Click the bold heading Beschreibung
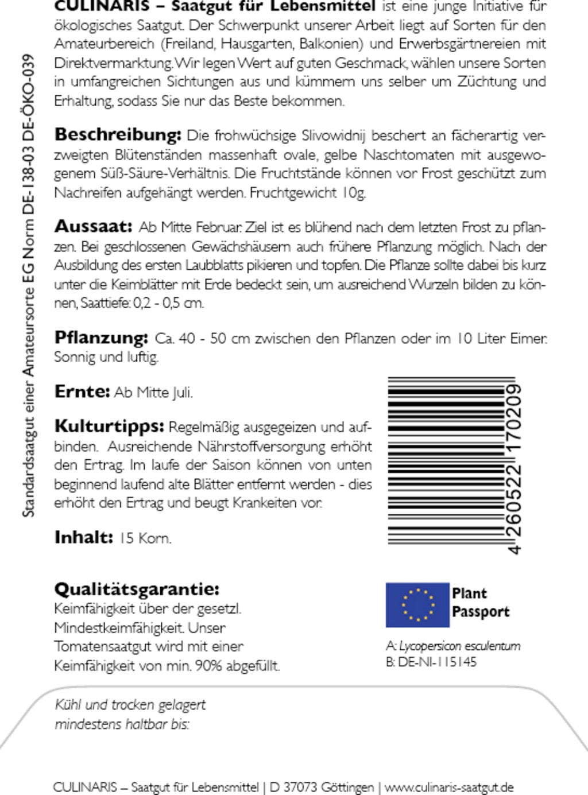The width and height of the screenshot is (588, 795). pos(117,135)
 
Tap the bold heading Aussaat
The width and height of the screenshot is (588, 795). pos(93,226)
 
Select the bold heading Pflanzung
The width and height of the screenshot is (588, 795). pos(101,338)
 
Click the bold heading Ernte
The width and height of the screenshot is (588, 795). pos(82,391)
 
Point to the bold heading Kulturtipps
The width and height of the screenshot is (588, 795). pos(109,426)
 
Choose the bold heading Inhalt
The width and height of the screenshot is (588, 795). pos(83,537)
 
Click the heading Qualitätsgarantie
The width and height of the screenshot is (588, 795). pos(137,589)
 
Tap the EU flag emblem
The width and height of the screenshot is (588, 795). pos(417,604)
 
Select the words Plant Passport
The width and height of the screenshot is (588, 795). pos(480,602)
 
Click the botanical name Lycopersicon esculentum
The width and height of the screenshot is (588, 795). pos(459,646)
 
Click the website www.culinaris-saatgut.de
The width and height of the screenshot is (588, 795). pos(448,787)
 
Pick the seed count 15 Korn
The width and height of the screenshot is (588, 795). pos(145,538)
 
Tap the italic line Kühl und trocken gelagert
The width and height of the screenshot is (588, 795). pos(130,704)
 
